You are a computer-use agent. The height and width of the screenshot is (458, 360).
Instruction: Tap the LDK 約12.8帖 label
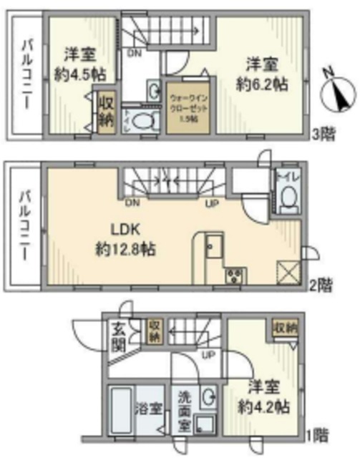127,242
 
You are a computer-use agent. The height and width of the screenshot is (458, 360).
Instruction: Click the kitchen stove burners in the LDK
235,276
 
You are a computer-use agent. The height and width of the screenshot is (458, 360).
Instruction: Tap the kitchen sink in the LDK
213,250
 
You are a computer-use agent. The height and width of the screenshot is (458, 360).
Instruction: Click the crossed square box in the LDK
286,273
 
